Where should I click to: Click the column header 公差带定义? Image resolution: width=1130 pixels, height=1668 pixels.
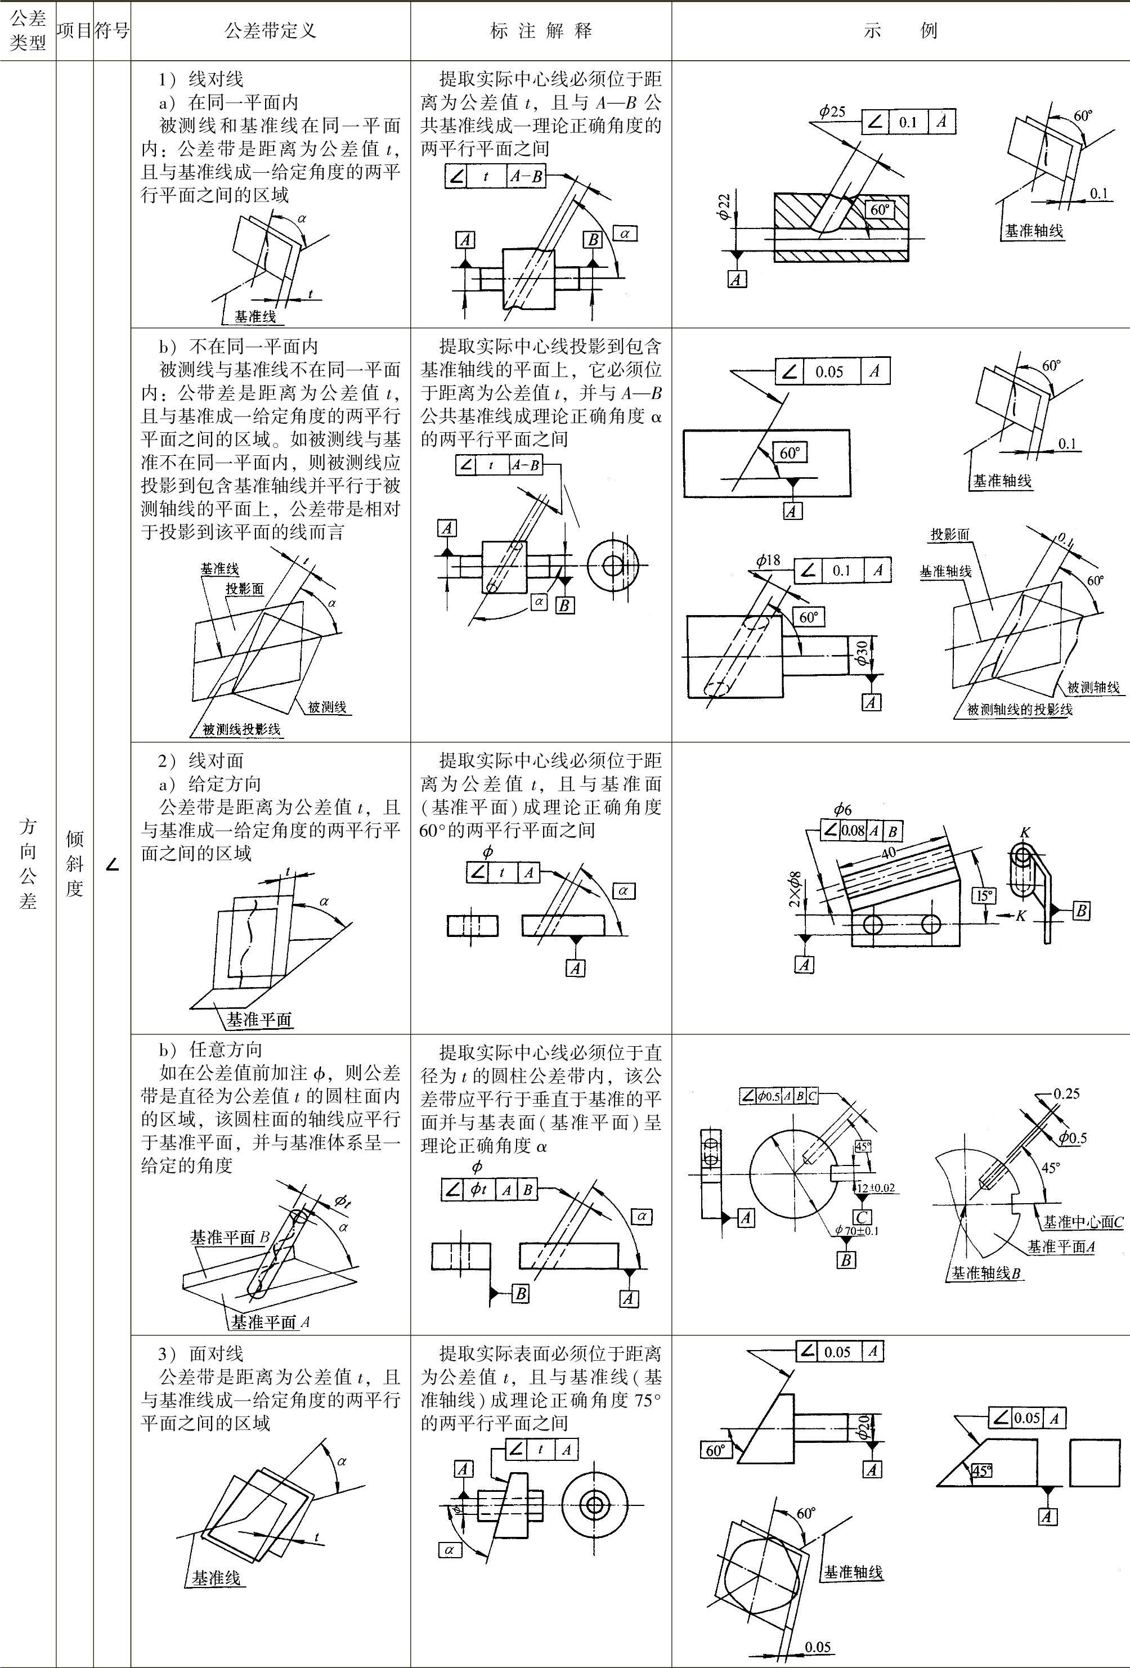point(270,31)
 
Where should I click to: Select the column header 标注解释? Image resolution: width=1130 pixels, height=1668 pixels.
point(541,31)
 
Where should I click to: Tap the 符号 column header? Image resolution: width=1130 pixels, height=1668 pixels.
point(112,31)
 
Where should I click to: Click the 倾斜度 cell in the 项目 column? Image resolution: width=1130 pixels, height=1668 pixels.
point(75,863)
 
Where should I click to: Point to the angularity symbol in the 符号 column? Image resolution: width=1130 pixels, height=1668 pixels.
point(112,866)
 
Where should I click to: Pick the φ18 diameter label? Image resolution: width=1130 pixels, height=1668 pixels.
point(768,561)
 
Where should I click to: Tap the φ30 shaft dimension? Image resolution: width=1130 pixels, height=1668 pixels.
point(862,652)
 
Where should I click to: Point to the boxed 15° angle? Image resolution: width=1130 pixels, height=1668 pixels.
point(983,895)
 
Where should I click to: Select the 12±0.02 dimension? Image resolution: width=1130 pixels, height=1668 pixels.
point(875,1187)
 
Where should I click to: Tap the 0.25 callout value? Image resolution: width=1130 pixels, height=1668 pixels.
point(1067,1094)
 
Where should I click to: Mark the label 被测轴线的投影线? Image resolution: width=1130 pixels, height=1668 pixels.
point(1020,710)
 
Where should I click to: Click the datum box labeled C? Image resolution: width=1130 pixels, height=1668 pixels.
point(862,1217)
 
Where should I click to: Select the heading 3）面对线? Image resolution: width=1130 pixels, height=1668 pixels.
point(201,1353)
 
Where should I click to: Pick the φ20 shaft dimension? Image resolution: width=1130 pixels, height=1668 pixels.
point(864,1428)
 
